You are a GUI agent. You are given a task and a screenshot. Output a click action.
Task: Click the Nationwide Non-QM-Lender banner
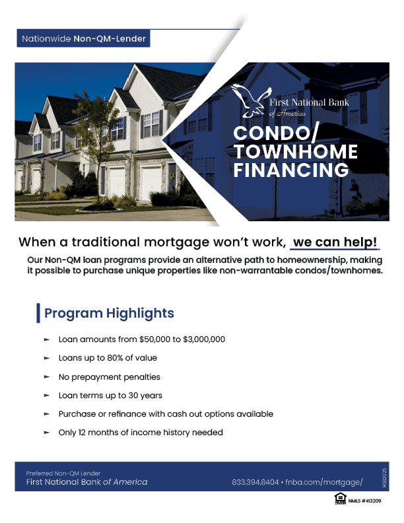[x=84, y=39]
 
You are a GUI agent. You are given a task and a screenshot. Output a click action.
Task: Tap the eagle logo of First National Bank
[x=250, y=100]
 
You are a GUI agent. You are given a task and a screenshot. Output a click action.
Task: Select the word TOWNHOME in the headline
[x=295, y=153]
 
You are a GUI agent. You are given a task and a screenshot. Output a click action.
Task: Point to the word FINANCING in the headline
[x=290, y=171]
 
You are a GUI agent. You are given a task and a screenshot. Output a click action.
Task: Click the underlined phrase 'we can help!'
[x=337, y=242]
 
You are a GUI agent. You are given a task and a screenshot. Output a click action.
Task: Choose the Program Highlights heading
[x=109, y=313]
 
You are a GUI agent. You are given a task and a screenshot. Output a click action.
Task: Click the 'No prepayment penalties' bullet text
[x=109, y=377]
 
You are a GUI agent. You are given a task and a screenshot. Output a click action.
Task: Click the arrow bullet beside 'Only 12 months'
[x=47, y=433]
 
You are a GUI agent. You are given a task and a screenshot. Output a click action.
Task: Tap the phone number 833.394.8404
[x=255, y=482]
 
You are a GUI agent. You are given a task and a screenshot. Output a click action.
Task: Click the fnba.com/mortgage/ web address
[x=324, y=482]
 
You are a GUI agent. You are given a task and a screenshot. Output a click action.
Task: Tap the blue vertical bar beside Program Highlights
[x=38, y=313]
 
